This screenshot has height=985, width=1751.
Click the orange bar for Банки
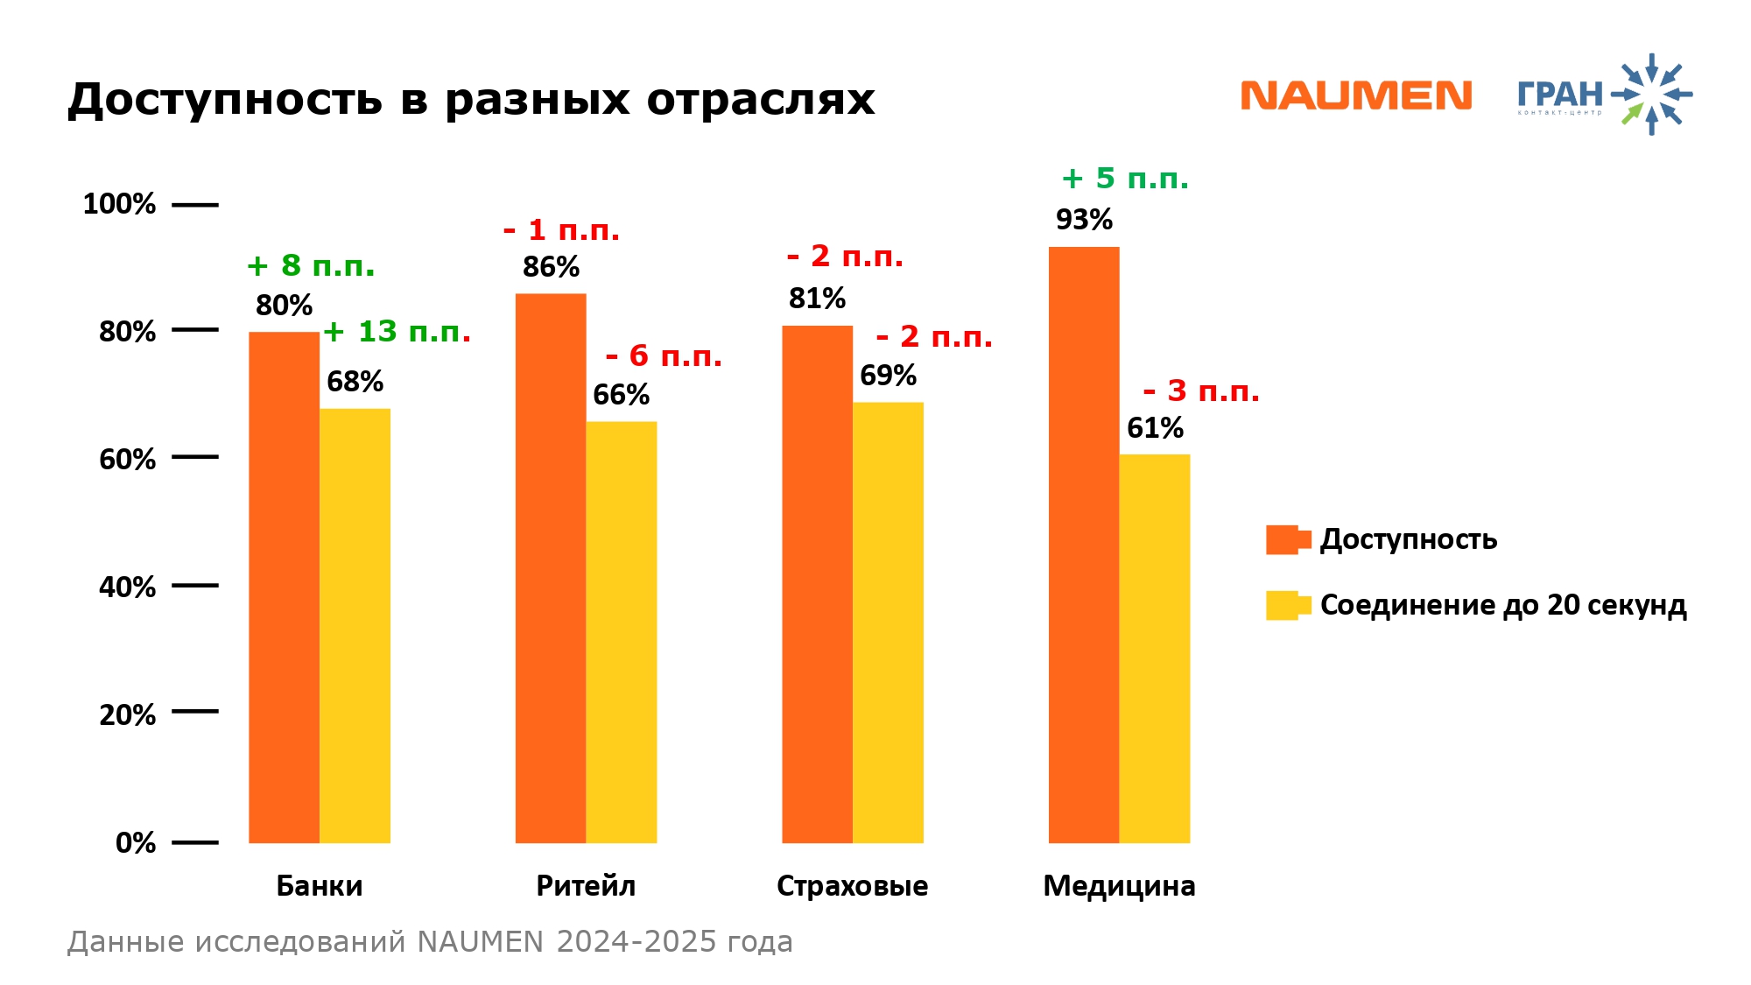point(284,587)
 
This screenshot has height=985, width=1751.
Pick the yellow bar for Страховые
point(888,623)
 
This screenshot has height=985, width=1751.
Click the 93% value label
point(1084,220)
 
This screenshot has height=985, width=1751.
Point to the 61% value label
point(1155,428)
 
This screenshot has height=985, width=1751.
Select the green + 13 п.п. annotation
point(397,332)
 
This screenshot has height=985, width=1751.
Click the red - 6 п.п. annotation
point(664,356)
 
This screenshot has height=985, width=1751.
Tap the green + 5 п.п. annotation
point(1125,179)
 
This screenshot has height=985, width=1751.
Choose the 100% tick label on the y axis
point(119,204)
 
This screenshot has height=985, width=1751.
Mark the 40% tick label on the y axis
point(127,587)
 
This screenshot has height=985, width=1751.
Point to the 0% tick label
point(136,842)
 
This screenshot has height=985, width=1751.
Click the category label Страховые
point(852,886)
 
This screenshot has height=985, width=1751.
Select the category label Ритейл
point(586,886)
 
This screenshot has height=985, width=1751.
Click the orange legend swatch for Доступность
point(1286,539)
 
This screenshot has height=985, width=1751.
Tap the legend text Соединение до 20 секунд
point(1502,605)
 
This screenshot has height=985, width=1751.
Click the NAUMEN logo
point(1356,95)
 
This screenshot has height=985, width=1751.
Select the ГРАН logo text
point(1560,94)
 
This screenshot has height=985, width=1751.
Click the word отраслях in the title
point(761,99)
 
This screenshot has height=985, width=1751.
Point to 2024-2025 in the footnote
point(637,942)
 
